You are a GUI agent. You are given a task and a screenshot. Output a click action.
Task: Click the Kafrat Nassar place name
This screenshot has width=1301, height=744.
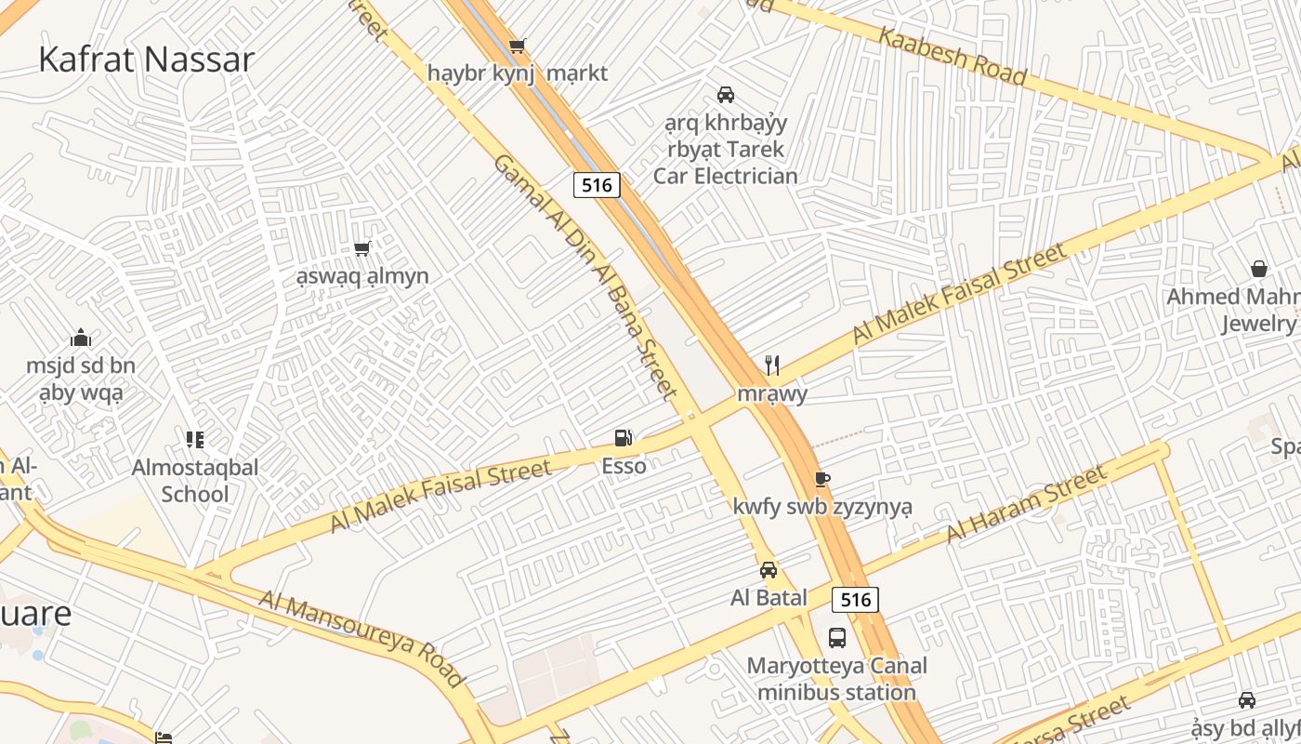tap(146, 60)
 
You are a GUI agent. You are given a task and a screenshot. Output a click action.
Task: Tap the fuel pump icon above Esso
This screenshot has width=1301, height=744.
tap(624, 437)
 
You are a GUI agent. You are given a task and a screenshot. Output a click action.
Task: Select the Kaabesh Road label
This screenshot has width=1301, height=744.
tap(953, 56)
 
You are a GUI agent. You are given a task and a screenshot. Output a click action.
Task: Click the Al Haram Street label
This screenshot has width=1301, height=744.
tap(1027, 504)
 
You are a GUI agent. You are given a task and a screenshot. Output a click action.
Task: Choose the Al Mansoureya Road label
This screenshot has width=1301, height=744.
tap(361, 639)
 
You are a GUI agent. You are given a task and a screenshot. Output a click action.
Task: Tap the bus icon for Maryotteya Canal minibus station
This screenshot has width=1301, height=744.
tap(837, 638)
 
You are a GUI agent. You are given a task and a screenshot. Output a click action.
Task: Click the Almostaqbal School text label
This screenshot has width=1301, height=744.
tap(195, 480)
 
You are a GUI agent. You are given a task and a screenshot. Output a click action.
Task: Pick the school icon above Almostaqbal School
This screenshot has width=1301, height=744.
tap(194, 439)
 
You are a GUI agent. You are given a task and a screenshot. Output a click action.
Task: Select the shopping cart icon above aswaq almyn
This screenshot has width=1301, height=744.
tap(362, 248)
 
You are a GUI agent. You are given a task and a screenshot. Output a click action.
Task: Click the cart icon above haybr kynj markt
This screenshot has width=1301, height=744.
tap(518, 46)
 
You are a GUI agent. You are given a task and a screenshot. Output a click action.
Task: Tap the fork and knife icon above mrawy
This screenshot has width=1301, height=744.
tap(772, 365)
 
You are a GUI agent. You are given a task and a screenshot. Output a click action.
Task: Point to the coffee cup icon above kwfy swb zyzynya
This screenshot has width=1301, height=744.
tap(821, 479)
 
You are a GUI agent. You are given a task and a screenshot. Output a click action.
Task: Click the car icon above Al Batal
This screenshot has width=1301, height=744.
tap(769, 569)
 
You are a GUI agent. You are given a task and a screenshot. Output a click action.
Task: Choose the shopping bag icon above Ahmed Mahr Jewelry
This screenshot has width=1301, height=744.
tap(1259, 269)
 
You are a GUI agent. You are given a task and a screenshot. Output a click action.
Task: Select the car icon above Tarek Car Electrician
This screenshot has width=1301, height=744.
tap(726, 94)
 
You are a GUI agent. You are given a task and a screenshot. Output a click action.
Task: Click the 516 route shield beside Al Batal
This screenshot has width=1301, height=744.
tap(855, 600)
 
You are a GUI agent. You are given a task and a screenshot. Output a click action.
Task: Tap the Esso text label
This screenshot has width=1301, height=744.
tap(624, 466)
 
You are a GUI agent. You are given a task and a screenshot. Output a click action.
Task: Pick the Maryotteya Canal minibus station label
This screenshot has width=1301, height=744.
tap(837, 679)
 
